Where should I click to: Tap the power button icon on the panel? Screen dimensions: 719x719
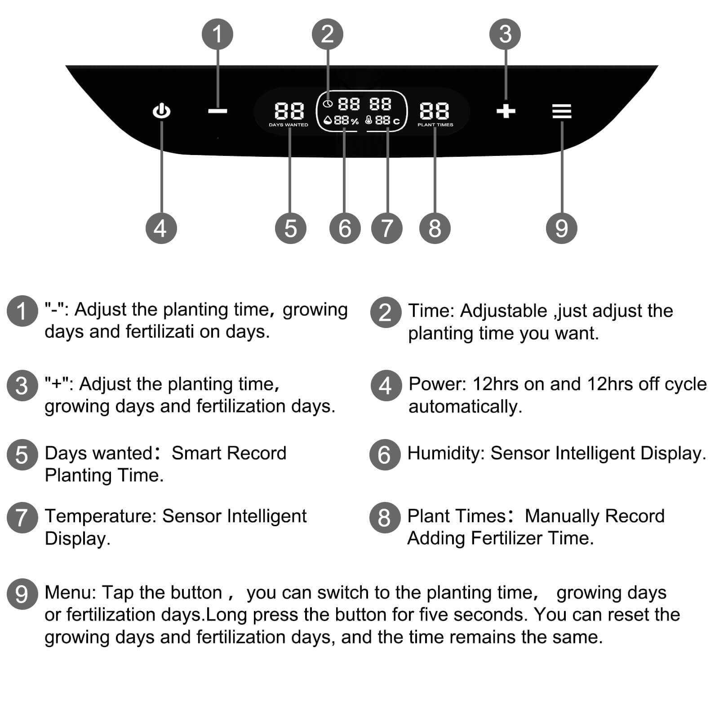(x=161, y=111)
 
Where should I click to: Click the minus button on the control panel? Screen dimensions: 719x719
(x=217, y=111)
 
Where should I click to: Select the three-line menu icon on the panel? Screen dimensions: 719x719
(x=562, y=111)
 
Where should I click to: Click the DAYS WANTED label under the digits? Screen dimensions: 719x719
(x=288, y=125)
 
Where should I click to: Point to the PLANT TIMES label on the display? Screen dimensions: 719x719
(x=435, y=125)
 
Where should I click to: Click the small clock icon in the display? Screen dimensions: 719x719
(x=328, y=104)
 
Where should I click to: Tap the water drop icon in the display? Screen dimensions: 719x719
(x=328, y=120)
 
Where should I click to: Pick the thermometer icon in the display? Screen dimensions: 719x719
(x=368, y=120)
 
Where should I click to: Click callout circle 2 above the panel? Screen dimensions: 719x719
(x=328, y=34)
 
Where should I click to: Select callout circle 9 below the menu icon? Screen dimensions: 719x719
(x=561, y=228)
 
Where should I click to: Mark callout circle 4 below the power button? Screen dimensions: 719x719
(x=161, y=228)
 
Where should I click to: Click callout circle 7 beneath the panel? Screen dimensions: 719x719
(x=386, y=228)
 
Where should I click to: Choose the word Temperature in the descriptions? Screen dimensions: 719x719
(x=100, y=516)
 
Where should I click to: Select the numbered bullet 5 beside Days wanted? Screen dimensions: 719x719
(x=22, y=455)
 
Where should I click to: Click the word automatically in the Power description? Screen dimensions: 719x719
(x=465, y=407)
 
